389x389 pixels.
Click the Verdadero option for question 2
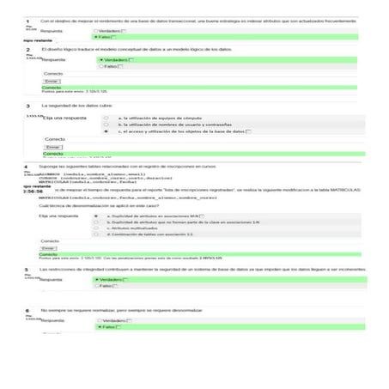tap(100, 59)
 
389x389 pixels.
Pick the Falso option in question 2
tap(100, 66)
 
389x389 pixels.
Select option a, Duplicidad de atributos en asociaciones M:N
tap(97, 216)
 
